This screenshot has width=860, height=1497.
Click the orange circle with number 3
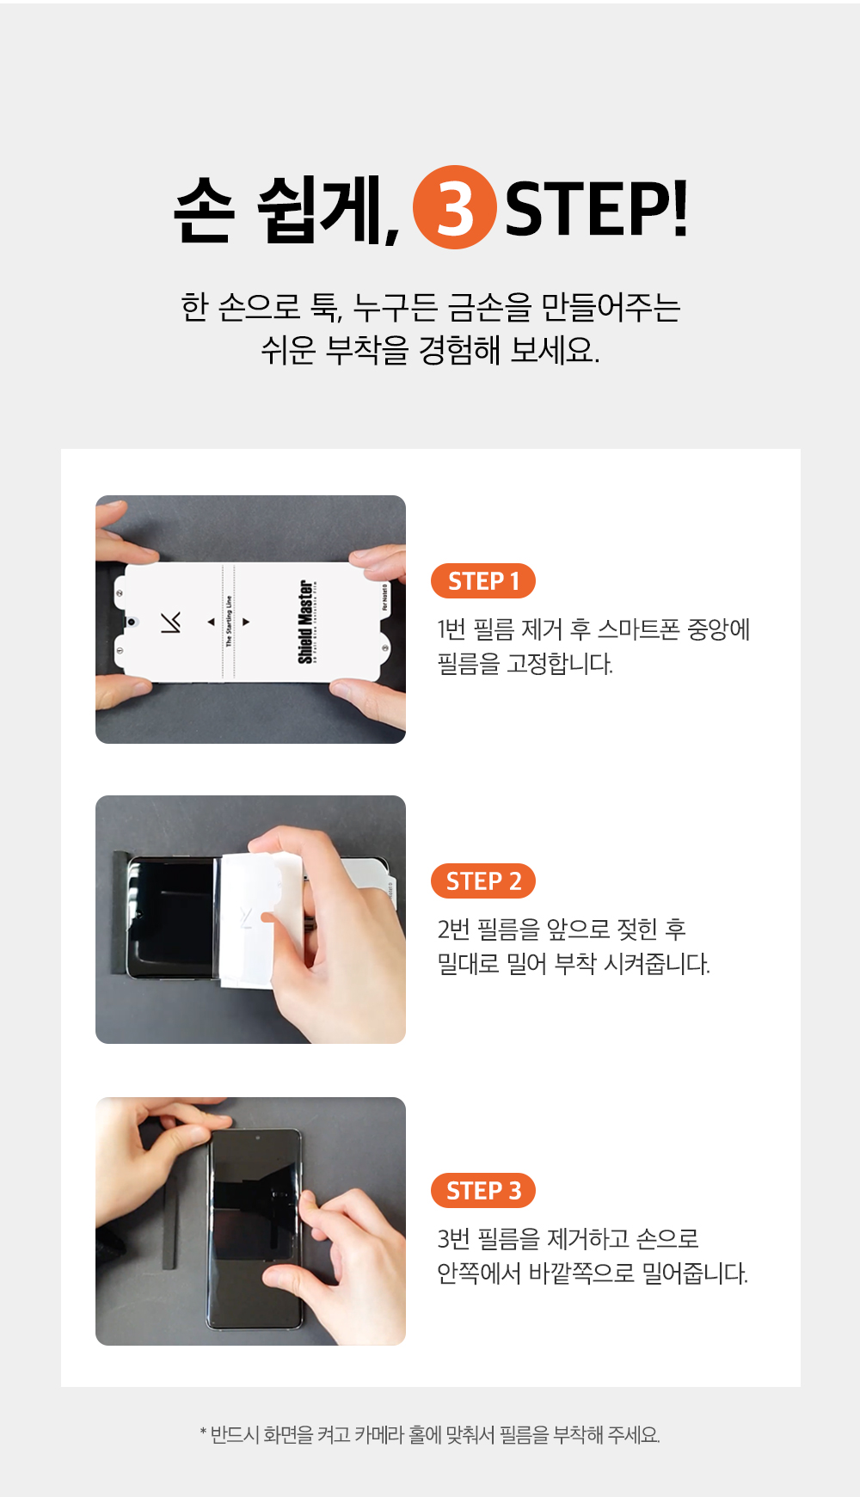click(455, 207)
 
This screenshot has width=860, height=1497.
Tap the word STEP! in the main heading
click(596, 209)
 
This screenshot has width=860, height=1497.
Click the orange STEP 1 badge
click(483, 581)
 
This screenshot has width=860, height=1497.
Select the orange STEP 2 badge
click(483, 881)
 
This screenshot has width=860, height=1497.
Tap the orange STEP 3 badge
click(483, 1191)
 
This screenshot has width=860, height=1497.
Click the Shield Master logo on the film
click(306, 622)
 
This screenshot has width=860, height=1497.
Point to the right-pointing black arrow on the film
click(246, 622)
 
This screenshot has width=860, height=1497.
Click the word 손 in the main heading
click(204, 210)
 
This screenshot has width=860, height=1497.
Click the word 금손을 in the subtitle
click(489, 307)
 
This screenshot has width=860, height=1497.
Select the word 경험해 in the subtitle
click(459, 350)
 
